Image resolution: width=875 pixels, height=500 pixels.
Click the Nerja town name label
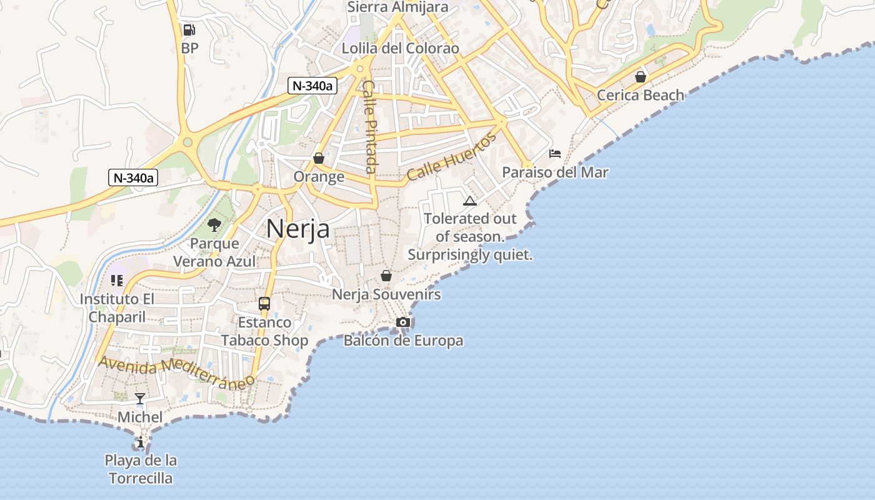[298, 229]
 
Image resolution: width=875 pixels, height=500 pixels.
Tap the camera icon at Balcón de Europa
[403, 322]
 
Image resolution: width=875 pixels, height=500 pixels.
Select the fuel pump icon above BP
[189, 30]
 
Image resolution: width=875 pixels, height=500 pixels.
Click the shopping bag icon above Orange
[319, 159]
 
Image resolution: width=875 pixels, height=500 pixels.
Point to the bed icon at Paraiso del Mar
[555, 154]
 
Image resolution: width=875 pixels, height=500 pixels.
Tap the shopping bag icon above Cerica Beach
[641, 77]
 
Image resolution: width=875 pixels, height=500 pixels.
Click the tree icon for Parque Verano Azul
[214, 225]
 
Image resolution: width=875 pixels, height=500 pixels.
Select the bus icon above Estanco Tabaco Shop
[264, 304]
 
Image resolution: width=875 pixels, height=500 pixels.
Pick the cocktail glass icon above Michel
[140, 399]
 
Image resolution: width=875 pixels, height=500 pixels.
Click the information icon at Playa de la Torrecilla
[140, 442]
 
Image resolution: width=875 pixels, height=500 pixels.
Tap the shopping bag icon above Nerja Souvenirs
[386, 276]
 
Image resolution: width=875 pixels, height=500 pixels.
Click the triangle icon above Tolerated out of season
[469, 201]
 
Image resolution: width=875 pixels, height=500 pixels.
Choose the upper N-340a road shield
[312, 86]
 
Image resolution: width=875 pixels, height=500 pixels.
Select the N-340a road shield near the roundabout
[133, 177]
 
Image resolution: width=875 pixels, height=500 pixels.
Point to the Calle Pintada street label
[370, 126]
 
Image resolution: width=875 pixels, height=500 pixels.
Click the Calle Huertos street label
[451, 157]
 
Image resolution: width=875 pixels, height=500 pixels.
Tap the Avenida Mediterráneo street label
[177, 372]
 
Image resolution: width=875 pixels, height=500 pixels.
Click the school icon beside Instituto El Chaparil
[117, 281]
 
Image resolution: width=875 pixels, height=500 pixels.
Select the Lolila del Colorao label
[401, 48]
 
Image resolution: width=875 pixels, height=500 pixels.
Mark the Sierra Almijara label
[397, 7]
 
